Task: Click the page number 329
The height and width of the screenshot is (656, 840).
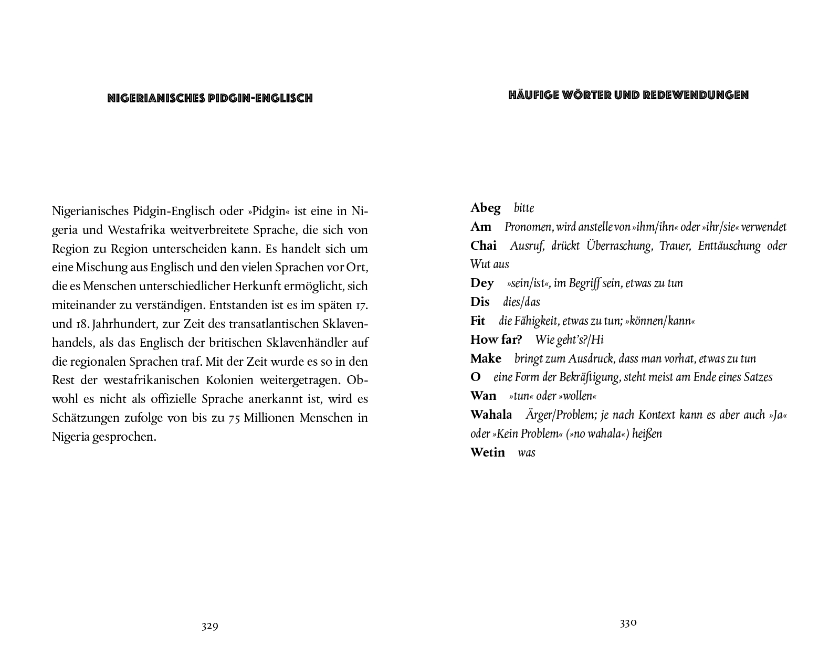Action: coord(209,626)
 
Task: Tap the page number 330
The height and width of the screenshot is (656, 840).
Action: coord(628,623)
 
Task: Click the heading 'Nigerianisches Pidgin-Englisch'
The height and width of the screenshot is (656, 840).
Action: coord(210,98)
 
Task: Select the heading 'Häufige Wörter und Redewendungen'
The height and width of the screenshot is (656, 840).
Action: coord(628,96)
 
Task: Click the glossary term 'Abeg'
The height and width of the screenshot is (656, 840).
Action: coord(486,208)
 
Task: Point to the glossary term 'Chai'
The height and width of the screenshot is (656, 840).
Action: coord(484,246)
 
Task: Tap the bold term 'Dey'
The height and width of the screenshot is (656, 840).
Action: coord(482,283)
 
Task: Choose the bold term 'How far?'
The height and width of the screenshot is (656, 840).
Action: coord(496,340)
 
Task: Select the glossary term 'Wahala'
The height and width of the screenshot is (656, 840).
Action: coord(491,415)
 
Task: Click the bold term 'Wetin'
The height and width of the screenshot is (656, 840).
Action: coord(487,452)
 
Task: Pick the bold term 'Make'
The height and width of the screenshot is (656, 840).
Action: coord(486,358)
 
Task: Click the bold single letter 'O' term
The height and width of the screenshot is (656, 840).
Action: coord(476,377)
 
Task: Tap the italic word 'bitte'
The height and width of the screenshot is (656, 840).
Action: coord(524,208)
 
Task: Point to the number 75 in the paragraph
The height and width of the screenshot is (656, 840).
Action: coord(236,418)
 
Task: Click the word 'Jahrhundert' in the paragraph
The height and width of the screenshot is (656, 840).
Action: coord(123,324)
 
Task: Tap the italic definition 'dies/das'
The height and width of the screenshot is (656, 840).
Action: coord(521,302)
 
